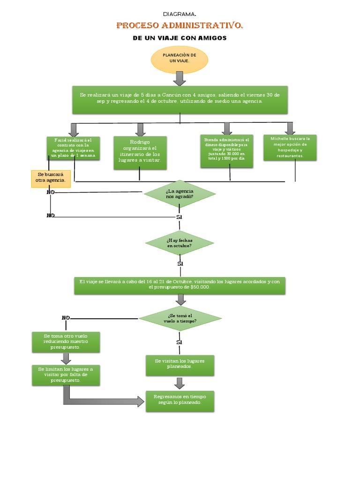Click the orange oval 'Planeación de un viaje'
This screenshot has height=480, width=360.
[179, 60]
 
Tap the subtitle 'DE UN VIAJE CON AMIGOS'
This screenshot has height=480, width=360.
[180, 37]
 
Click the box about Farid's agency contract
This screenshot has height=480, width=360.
[73, 148]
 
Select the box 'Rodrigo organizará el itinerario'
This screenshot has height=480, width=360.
[140, 151]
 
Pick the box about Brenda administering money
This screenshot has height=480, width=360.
[226, 151]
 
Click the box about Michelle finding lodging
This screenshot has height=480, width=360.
[290, 147]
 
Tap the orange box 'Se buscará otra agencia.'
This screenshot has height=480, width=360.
[50, 178]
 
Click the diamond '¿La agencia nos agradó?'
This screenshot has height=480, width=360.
[179, 194]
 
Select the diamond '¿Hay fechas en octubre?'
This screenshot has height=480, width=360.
[179, 242]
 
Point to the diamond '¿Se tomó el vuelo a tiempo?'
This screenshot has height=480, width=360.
[180, 319]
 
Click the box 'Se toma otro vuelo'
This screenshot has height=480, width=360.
[65, 342]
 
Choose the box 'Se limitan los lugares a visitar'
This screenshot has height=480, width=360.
[65, 375]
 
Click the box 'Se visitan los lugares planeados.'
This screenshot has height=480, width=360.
[180, 365]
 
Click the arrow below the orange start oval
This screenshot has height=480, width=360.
[179, 79]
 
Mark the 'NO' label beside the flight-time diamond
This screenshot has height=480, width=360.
[66, 318]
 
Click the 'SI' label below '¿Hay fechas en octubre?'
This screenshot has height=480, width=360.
[180, 264]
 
